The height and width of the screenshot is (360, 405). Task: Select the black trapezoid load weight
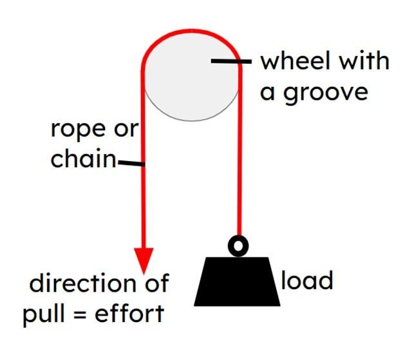pyautogui.click(x=238, y=281)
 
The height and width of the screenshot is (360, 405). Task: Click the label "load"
pyautogui.click(x=307, y=281)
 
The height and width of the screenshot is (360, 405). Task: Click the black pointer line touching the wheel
pyautogui.click(x=229, y=62)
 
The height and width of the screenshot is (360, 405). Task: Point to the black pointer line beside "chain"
pyautogui.click(x=131, y=164)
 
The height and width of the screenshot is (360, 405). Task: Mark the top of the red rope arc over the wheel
pyautogui.click(x=191, y=30)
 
